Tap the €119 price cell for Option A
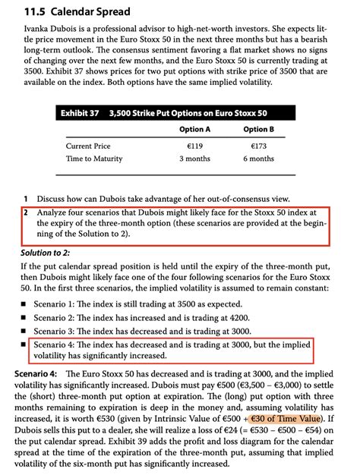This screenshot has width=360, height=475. pyautogui.click(x=194, y=146)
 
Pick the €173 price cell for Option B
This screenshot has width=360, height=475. pyautogui.click(x=258, y=146)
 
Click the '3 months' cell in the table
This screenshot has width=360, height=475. pyautogui.click(x=194, y=159)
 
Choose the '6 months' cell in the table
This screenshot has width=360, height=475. pyautogui.click(x=258, y=159)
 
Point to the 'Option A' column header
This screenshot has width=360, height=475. pyautogui.click(x=194, y=130)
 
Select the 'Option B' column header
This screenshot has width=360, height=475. pyautogui.click(x=258, y=130)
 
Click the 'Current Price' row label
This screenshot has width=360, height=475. pyautogui.click(x=88, y=146)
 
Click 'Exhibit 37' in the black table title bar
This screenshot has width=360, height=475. pyautogui.click(x=80, y=113)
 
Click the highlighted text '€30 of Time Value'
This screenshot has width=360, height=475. pyautogui.click(x=286, y=418)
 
